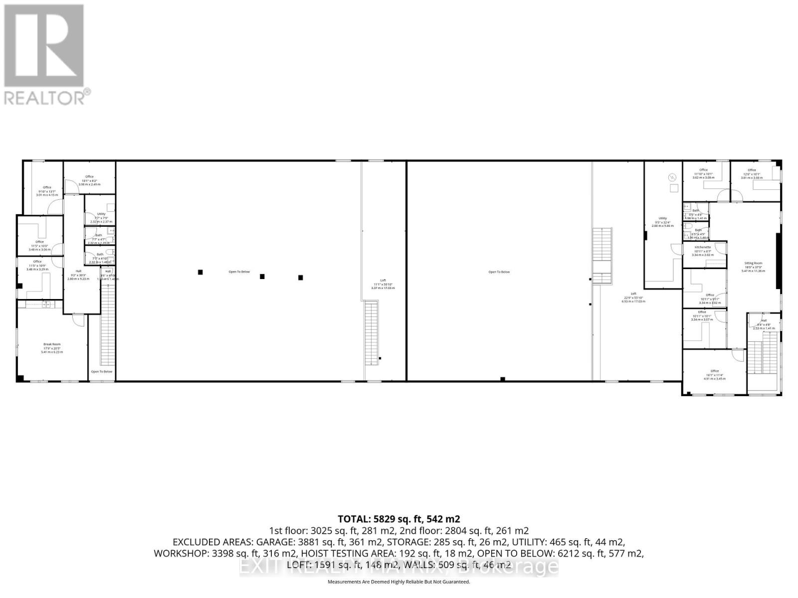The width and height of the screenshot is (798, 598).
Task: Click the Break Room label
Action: [x=52, y=344]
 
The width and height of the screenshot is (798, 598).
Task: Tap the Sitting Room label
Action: [x=753, y=263]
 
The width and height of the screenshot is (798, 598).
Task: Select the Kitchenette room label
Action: [x=702, y=247]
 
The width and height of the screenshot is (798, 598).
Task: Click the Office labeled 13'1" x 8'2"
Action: [x=89, y=177]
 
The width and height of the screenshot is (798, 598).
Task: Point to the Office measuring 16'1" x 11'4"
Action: [x=715, y=371]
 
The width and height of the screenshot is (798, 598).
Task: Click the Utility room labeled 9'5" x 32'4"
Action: [x=663, y=218]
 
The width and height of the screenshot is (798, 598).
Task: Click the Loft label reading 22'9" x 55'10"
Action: [x=633, y=294]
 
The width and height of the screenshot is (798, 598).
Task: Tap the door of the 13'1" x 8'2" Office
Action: [x=71, y=186]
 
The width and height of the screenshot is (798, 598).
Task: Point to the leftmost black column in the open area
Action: [x=200, y=272]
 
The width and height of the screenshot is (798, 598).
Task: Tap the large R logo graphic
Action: [x=44, y=46]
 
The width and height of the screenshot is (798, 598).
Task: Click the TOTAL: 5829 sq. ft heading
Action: [x=399, y=519]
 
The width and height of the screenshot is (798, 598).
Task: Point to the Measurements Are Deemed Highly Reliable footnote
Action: [x=399, y=582]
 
